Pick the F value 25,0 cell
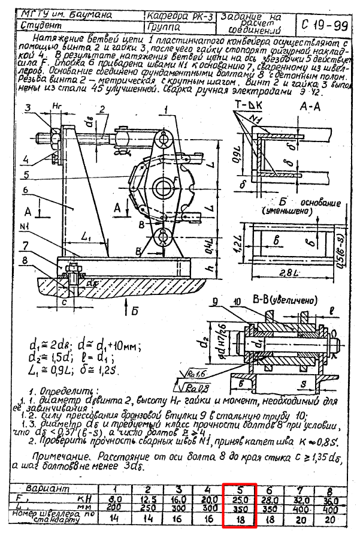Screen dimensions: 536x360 [240, 499]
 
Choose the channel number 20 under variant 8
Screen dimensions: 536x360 [332, 519]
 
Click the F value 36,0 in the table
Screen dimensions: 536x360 [332, 499]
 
